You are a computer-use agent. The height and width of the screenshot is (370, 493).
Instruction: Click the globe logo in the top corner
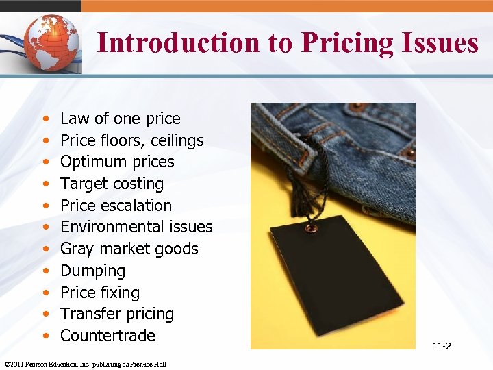click(49, 40)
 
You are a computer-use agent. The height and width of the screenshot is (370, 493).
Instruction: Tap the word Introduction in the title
click(177, 42)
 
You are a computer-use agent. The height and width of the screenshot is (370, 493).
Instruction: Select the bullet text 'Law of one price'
click(120, 119)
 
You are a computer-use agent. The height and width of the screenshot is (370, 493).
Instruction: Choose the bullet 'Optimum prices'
click(117, 162)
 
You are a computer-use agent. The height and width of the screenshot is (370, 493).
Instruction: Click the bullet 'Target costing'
click(112, 184)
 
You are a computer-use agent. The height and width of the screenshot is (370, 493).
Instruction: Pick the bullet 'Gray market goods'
click(129, 249)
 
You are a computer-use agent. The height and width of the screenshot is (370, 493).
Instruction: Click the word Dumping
click(92, 271)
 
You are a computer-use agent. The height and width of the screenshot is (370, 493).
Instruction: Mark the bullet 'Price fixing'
click(100, 293)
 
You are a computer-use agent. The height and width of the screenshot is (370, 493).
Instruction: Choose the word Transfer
click(86, 314)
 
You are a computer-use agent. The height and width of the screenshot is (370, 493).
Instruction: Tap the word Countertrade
click(108, 336)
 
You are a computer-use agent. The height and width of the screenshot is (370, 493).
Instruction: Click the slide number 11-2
click(442, 346)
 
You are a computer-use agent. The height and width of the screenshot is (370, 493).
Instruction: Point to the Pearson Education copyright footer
click(85, 364)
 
